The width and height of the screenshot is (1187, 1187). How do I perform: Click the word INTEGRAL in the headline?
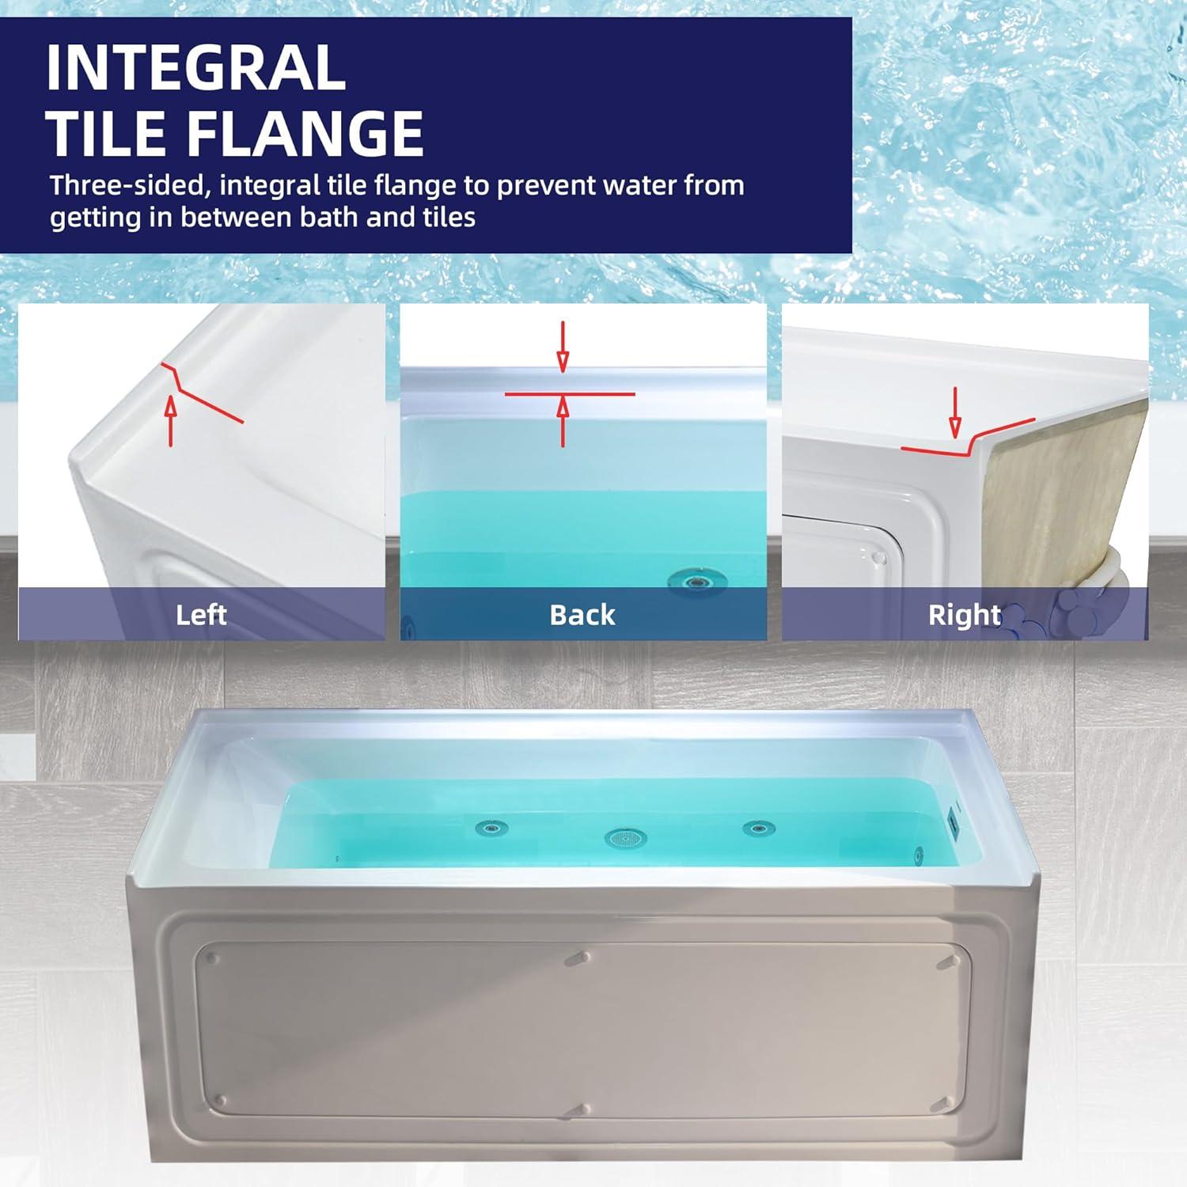coord(196,68)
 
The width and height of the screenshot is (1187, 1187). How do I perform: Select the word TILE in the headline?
coord(108,133)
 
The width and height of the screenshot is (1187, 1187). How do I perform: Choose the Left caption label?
coord(201,615)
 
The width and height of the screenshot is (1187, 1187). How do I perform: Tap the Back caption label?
coord(582,615)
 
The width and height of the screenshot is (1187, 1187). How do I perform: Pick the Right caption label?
coord(964,615)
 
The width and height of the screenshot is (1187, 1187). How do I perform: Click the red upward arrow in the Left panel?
coord(171,419)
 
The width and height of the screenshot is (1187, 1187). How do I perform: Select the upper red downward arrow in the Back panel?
coord(563,347)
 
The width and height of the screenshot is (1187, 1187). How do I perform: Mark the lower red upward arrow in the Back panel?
coord(563,421)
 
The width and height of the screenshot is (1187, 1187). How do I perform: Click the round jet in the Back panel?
coord(697,582)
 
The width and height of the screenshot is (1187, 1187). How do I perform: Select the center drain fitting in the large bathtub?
coord(625,837)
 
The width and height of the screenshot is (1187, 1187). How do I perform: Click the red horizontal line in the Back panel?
coord(570,393)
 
